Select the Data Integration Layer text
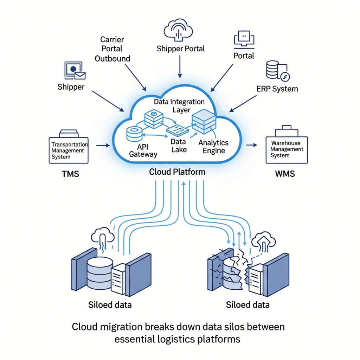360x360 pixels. coord(179,106)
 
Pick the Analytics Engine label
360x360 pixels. coord(213,147)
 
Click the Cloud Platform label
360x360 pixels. coord(177,172)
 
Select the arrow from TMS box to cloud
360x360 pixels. coord(102,144)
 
